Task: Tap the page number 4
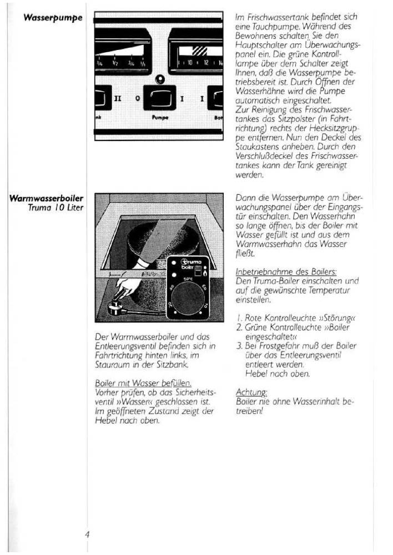(x=87, y=534)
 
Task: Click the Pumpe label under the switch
(x=159, y=118)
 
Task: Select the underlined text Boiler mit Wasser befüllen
(x=143, y=382)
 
